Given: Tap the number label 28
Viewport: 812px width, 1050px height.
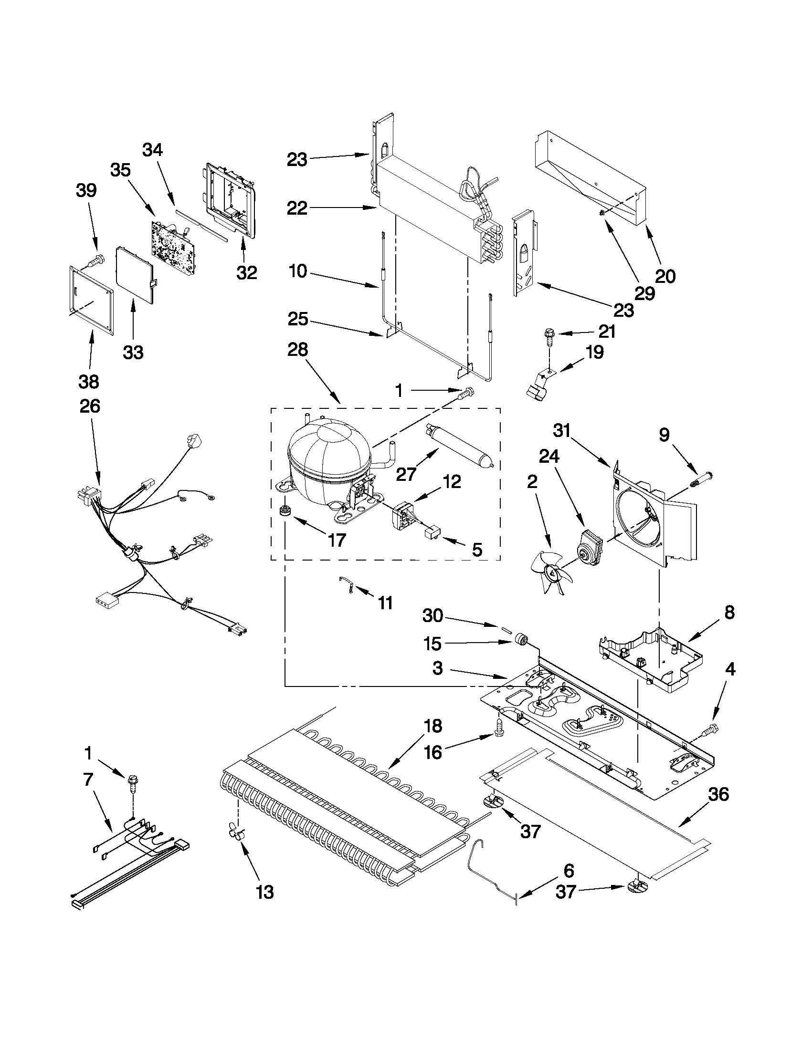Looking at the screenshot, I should point(297,350).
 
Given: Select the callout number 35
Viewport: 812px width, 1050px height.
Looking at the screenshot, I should point(120,170).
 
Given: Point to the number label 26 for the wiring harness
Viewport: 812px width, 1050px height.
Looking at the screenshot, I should point(90,406).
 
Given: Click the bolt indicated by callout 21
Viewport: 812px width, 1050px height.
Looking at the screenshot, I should point(549,335).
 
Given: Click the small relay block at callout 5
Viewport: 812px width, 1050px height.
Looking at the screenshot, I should point(431,533).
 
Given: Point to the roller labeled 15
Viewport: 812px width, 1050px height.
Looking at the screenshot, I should point(521,639).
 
